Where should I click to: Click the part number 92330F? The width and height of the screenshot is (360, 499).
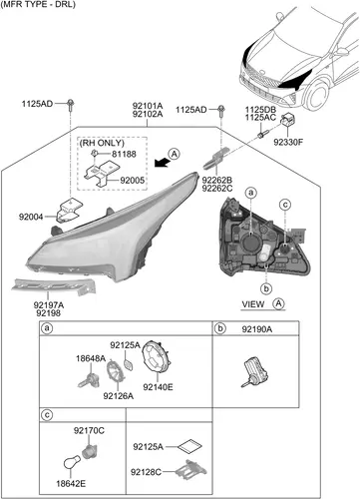point(288,142)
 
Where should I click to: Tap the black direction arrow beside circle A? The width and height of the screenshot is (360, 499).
point(162,163)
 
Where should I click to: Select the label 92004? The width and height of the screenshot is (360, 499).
point(31,217)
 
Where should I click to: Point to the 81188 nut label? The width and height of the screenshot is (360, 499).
point(124,154)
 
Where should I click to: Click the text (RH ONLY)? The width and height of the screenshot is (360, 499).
point(102,143)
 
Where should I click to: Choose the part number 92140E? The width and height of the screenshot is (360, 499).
point(158,387)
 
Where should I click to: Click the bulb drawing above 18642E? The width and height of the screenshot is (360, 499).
point(72,462)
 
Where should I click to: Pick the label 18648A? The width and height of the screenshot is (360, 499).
point(91,358)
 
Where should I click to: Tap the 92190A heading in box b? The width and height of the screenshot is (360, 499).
point(257,329)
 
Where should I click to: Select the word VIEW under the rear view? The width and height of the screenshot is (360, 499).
point(253,304)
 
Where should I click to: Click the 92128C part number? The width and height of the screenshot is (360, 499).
point(146,472)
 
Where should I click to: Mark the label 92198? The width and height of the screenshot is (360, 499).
point(49,313)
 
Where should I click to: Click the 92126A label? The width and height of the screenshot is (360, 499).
point(119,396)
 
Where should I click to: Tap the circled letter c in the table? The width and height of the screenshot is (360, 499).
point(47,415)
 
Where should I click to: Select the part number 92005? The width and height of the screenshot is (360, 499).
point(133,181)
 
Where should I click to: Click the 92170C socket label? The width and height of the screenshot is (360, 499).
point(89,430)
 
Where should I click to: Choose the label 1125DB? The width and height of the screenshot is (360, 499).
point(260,110)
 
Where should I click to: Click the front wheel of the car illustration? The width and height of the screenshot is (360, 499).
point(317,95)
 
